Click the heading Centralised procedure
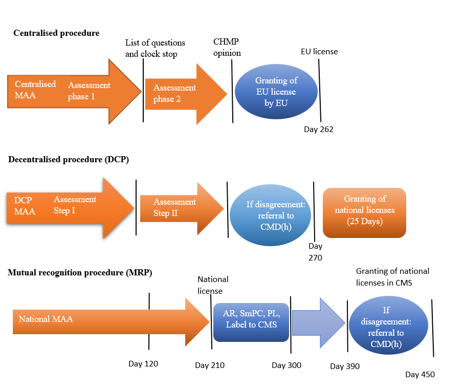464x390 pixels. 56,33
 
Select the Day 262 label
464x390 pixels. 318,129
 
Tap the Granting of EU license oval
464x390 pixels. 276,92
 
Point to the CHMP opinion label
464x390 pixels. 227,48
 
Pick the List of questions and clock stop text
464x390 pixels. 155,48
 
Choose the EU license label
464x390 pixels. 319,52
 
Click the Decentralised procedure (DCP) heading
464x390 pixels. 69,160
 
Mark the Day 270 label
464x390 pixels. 315,252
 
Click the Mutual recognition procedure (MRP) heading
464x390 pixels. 80,272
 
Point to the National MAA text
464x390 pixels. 46,319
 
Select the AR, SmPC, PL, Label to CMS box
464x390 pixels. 251,322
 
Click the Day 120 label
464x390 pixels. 143,364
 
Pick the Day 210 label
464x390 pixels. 210,365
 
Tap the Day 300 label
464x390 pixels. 286,365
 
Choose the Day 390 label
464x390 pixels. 345,366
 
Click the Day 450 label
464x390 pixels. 420,375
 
